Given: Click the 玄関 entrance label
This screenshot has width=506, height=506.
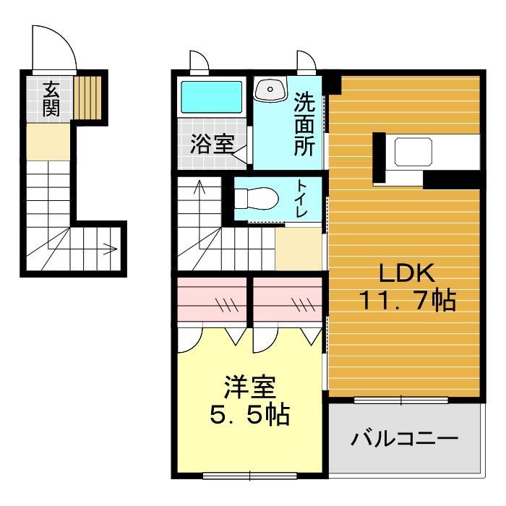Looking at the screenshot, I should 51,99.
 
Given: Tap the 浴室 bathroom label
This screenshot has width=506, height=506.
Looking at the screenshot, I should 212,144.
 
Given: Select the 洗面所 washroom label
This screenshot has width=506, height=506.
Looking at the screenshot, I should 304,125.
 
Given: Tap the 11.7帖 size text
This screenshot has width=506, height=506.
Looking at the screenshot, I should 406,299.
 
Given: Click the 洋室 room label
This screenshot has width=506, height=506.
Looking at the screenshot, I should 249,388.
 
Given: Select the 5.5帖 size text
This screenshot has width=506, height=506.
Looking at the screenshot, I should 249,415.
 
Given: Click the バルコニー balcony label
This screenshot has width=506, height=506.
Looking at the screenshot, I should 405,439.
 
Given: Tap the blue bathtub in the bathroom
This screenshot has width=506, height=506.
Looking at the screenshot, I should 211,96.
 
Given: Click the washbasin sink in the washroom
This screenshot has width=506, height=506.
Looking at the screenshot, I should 271,90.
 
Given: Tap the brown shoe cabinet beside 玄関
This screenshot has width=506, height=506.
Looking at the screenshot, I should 87,97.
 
